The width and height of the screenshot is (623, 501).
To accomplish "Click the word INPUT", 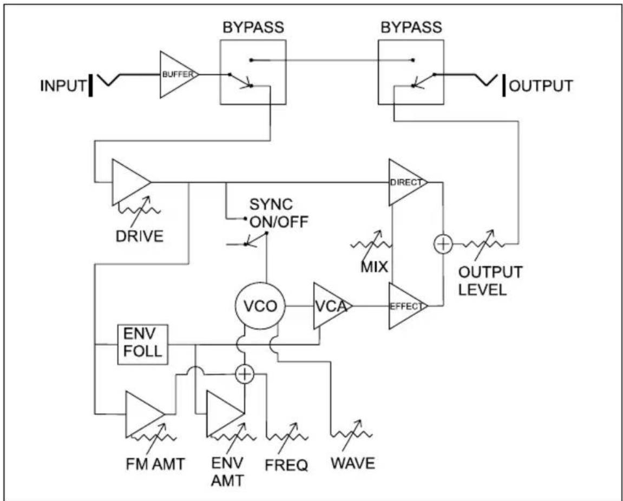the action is (x=63, y=86).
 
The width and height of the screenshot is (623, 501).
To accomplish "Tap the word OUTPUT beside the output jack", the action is (x=541, y=86).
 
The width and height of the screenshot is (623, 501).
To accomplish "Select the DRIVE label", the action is (x=140, y=236).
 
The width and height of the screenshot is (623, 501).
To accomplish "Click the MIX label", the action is (x=374, y=267).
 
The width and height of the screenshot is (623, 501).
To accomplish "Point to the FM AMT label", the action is (x=155, y=464).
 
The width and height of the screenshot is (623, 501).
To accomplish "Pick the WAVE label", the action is (x=353, y=464).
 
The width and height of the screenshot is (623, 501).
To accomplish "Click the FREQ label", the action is (x=286, y=465).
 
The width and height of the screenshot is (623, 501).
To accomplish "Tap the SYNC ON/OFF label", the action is (x=279, y=213).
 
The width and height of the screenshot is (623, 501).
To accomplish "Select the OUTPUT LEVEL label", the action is (x=490, y=281).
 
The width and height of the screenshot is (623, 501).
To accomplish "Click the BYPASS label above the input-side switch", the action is (x=253, y=28).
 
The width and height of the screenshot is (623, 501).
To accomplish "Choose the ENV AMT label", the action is (x=227, y=472).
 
